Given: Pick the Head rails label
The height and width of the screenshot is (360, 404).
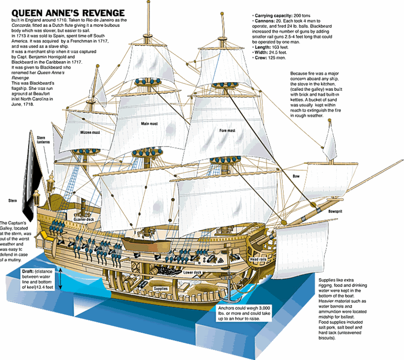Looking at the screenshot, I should tap(262, 260).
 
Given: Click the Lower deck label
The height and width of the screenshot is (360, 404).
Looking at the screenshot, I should tap(192, 272).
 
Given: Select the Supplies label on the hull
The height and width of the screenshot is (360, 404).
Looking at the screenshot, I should tap(161, 288).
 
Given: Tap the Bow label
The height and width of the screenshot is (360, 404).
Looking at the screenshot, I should tap(296, 176).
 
